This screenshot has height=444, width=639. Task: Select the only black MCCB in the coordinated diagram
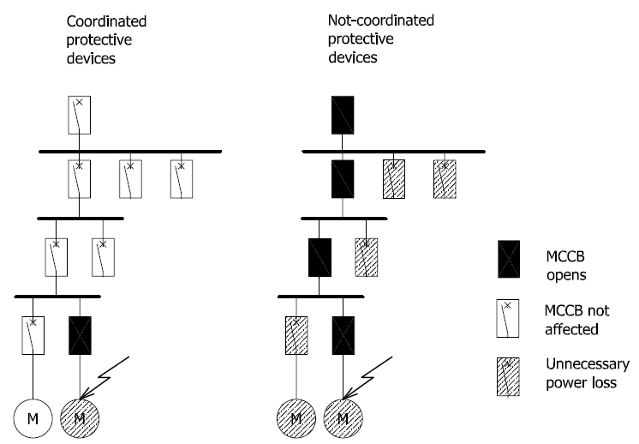pos(81,334)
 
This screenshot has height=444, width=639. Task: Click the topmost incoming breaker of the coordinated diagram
pos(79,115)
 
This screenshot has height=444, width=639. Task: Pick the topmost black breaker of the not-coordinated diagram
pos(343,115)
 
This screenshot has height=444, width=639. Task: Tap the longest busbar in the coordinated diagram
pos(130,151)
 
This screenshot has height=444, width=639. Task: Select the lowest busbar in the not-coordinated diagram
pos(321,297)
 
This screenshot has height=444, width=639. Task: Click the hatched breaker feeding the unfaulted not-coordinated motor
pos(296,334)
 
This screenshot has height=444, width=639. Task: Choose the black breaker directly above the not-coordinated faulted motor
pos(343,334)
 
